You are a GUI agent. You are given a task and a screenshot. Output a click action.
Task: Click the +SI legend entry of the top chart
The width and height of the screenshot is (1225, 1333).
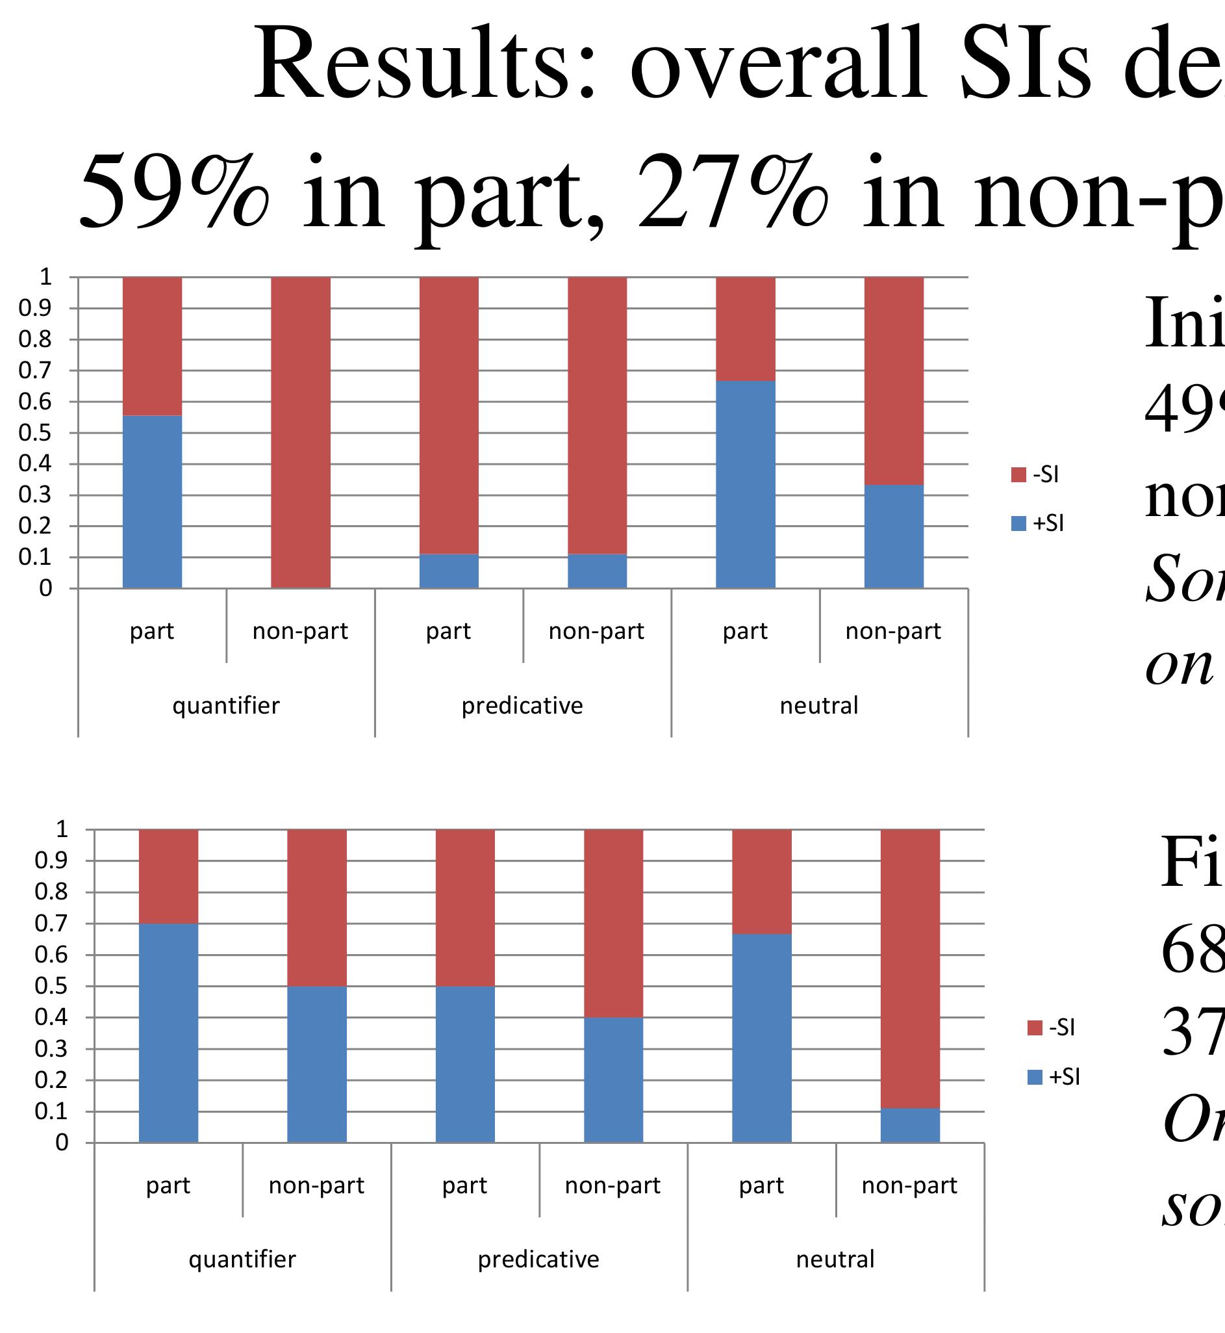[x=1038, y=523]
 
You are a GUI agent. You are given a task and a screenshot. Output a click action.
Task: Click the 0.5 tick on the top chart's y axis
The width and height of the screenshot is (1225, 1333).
[x=35, y=433]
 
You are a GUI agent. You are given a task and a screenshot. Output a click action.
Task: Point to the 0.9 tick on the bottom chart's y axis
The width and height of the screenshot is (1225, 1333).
[x=51, y=861]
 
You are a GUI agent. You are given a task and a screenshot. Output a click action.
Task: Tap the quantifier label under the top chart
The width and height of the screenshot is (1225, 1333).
[x=226, y=705]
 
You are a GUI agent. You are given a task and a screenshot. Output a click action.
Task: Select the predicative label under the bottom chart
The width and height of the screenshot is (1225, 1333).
[x=538, y=1259]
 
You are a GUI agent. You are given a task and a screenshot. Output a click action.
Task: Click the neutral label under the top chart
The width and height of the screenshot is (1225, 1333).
[x=818, y=705]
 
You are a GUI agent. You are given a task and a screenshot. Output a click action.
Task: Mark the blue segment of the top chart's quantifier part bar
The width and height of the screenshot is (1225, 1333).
[x=153, y=502]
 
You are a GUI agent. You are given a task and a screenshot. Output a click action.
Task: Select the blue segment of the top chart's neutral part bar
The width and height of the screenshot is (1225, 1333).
[x=746, y=484]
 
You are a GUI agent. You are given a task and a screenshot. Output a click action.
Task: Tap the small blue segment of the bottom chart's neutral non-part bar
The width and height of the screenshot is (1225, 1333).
[x=910, y=1126]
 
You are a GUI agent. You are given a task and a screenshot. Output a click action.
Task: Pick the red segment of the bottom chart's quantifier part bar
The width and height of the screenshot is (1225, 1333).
[x=168, y=876]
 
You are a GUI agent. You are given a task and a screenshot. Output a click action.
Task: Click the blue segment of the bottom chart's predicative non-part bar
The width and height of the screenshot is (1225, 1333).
[x=613, y=1080]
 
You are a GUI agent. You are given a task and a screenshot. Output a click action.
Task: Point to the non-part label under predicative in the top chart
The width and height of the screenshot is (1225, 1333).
[x=597, y=631]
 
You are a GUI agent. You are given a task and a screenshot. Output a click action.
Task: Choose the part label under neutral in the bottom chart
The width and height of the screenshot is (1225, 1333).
[x=762, y=1185]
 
